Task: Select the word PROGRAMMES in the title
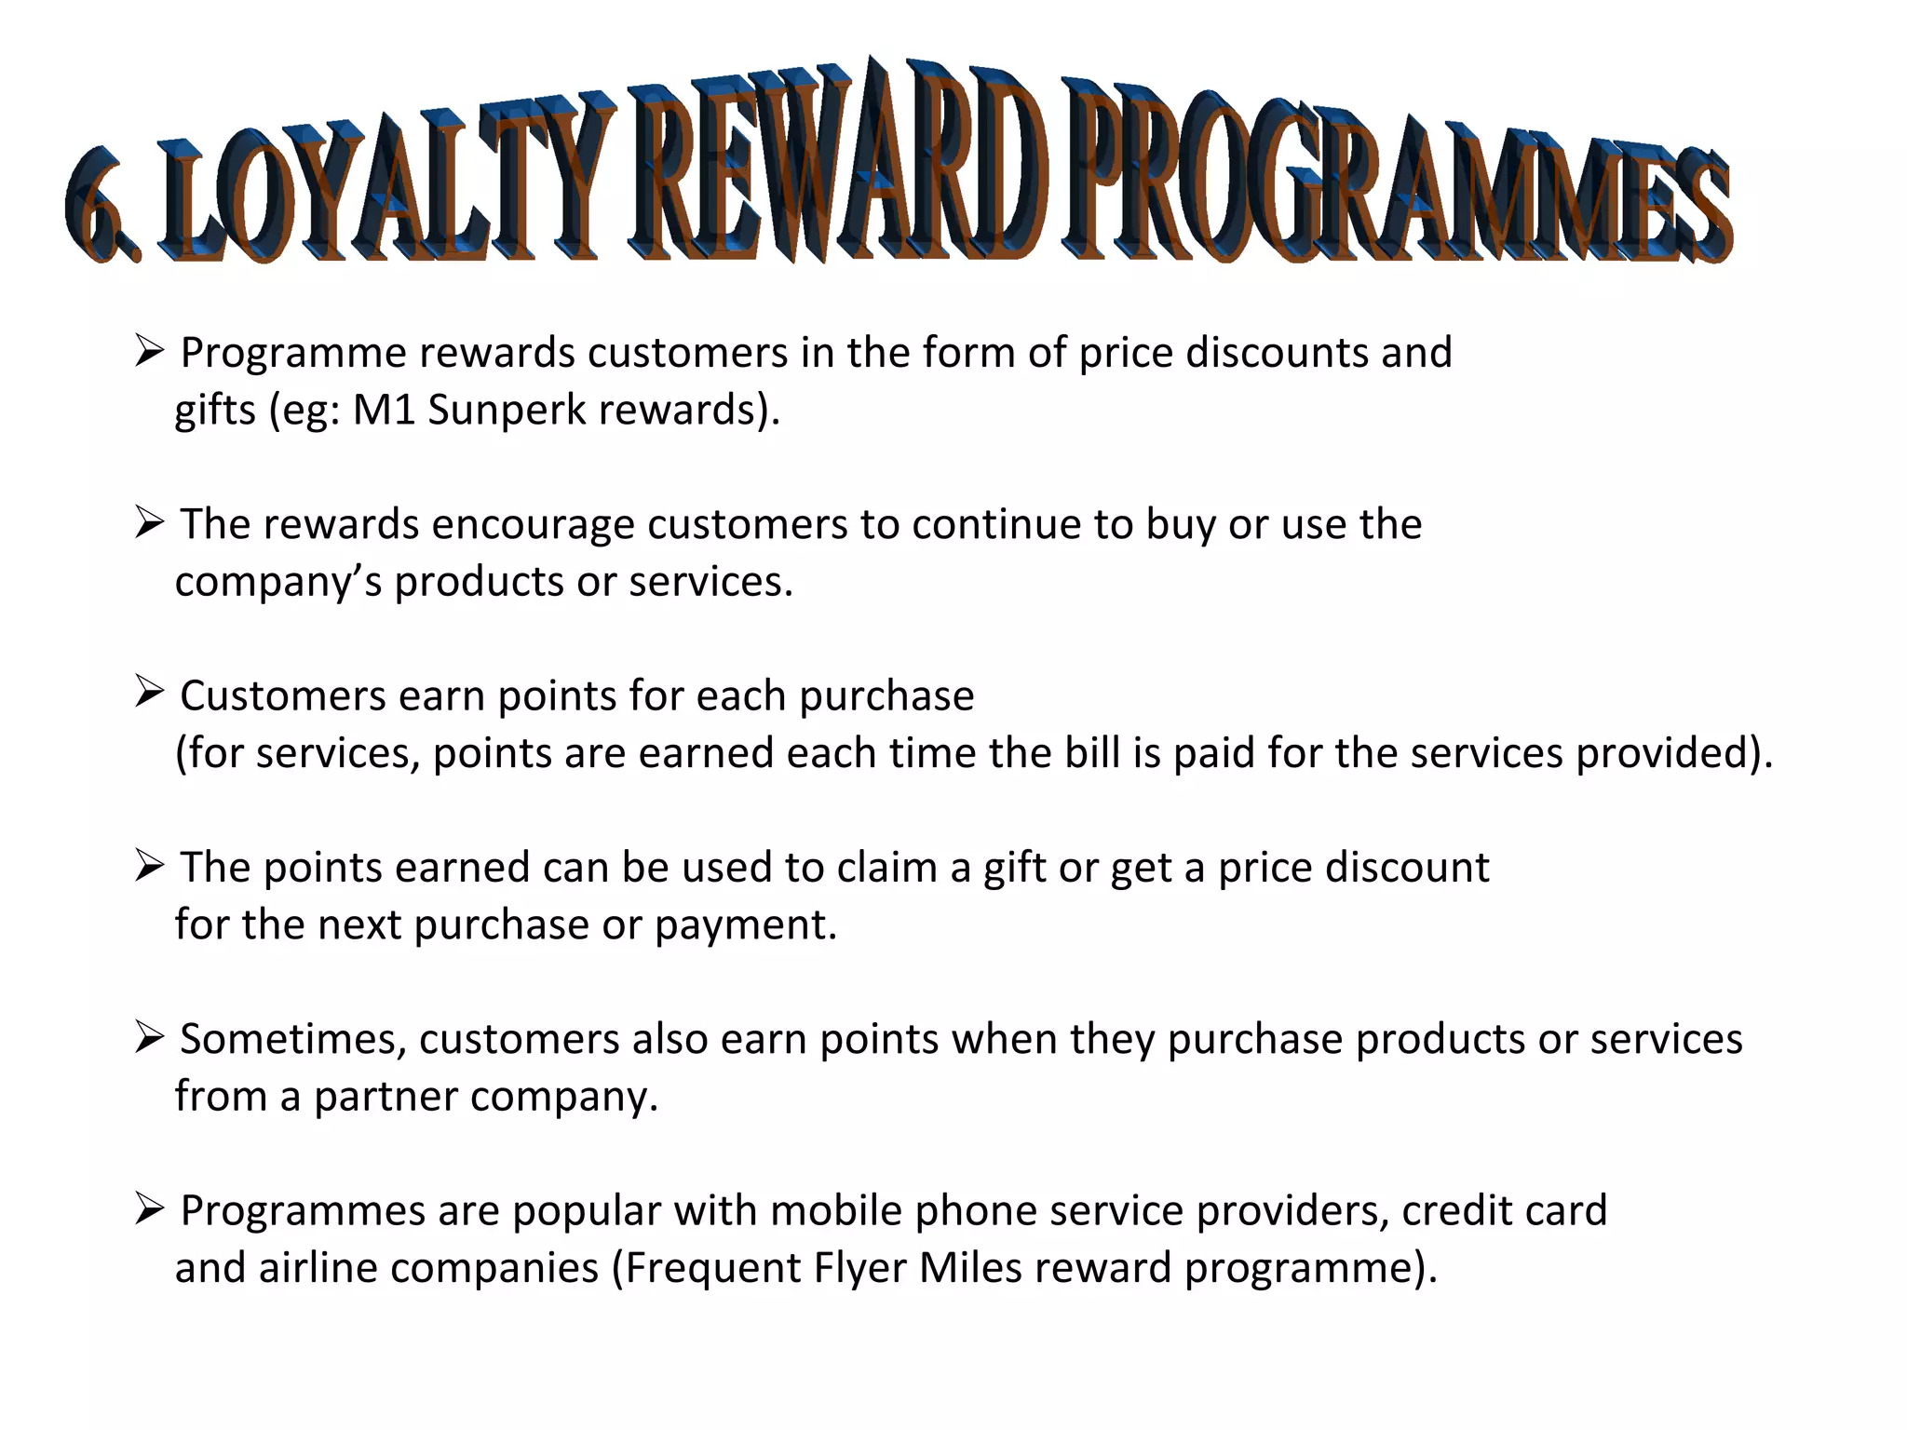[1397, 182]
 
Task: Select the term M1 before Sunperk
[384, 411]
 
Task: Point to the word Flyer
[859, 1269]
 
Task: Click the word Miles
[970, 1269]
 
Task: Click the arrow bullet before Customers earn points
[149, 692]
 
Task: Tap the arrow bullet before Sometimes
[149, 1035]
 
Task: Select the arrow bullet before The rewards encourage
[149, 521]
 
